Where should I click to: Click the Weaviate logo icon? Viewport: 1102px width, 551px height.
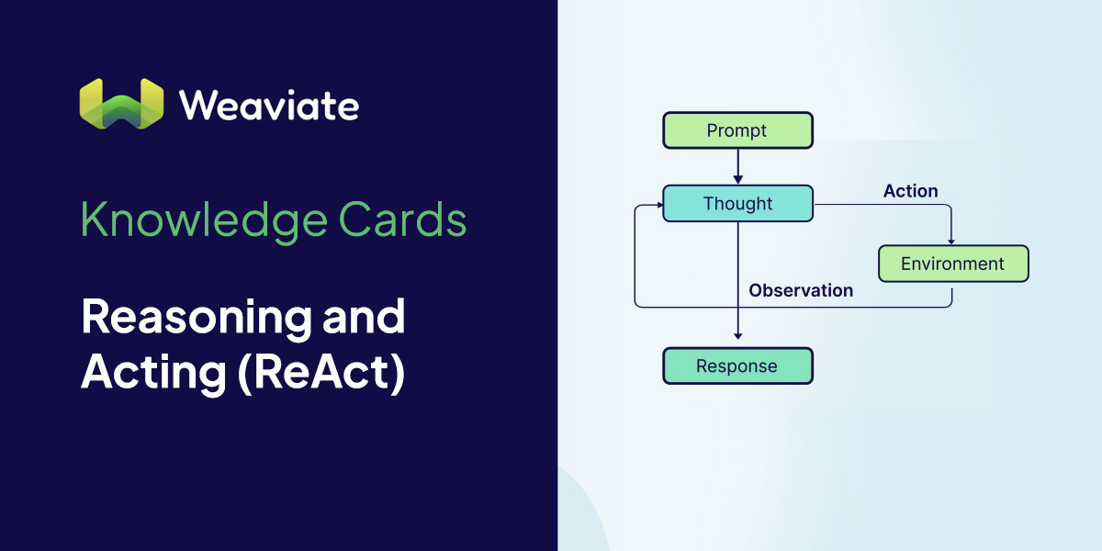click(121, 103)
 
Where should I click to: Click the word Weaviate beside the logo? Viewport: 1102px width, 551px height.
click(269, 105)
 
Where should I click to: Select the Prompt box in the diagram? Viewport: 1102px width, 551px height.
click(737, 130)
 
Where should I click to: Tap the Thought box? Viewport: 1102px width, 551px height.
click(737, 204)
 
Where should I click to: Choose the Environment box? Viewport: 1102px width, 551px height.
click(952, 264)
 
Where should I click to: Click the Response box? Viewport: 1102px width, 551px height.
click(737, 365)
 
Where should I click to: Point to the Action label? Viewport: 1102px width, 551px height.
click(910, 191)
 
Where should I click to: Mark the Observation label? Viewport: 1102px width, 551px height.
click(801, 290)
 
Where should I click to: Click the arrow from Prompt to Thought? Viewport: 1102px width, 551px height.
click(737, 166)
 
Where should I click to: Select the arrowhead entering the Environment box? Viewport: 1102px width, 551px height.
click(951, 241)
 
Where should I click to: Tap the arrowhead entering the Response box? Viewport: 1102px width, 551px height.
click(737, 343)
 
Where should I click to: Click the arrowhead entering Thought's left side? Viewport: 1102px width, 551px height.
click(658, 208)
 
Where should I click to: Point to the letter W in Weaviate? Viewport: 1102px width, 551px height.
click(197, 105)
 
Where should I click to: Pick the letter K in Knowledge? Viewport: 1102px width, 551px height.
click(92, 221)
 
